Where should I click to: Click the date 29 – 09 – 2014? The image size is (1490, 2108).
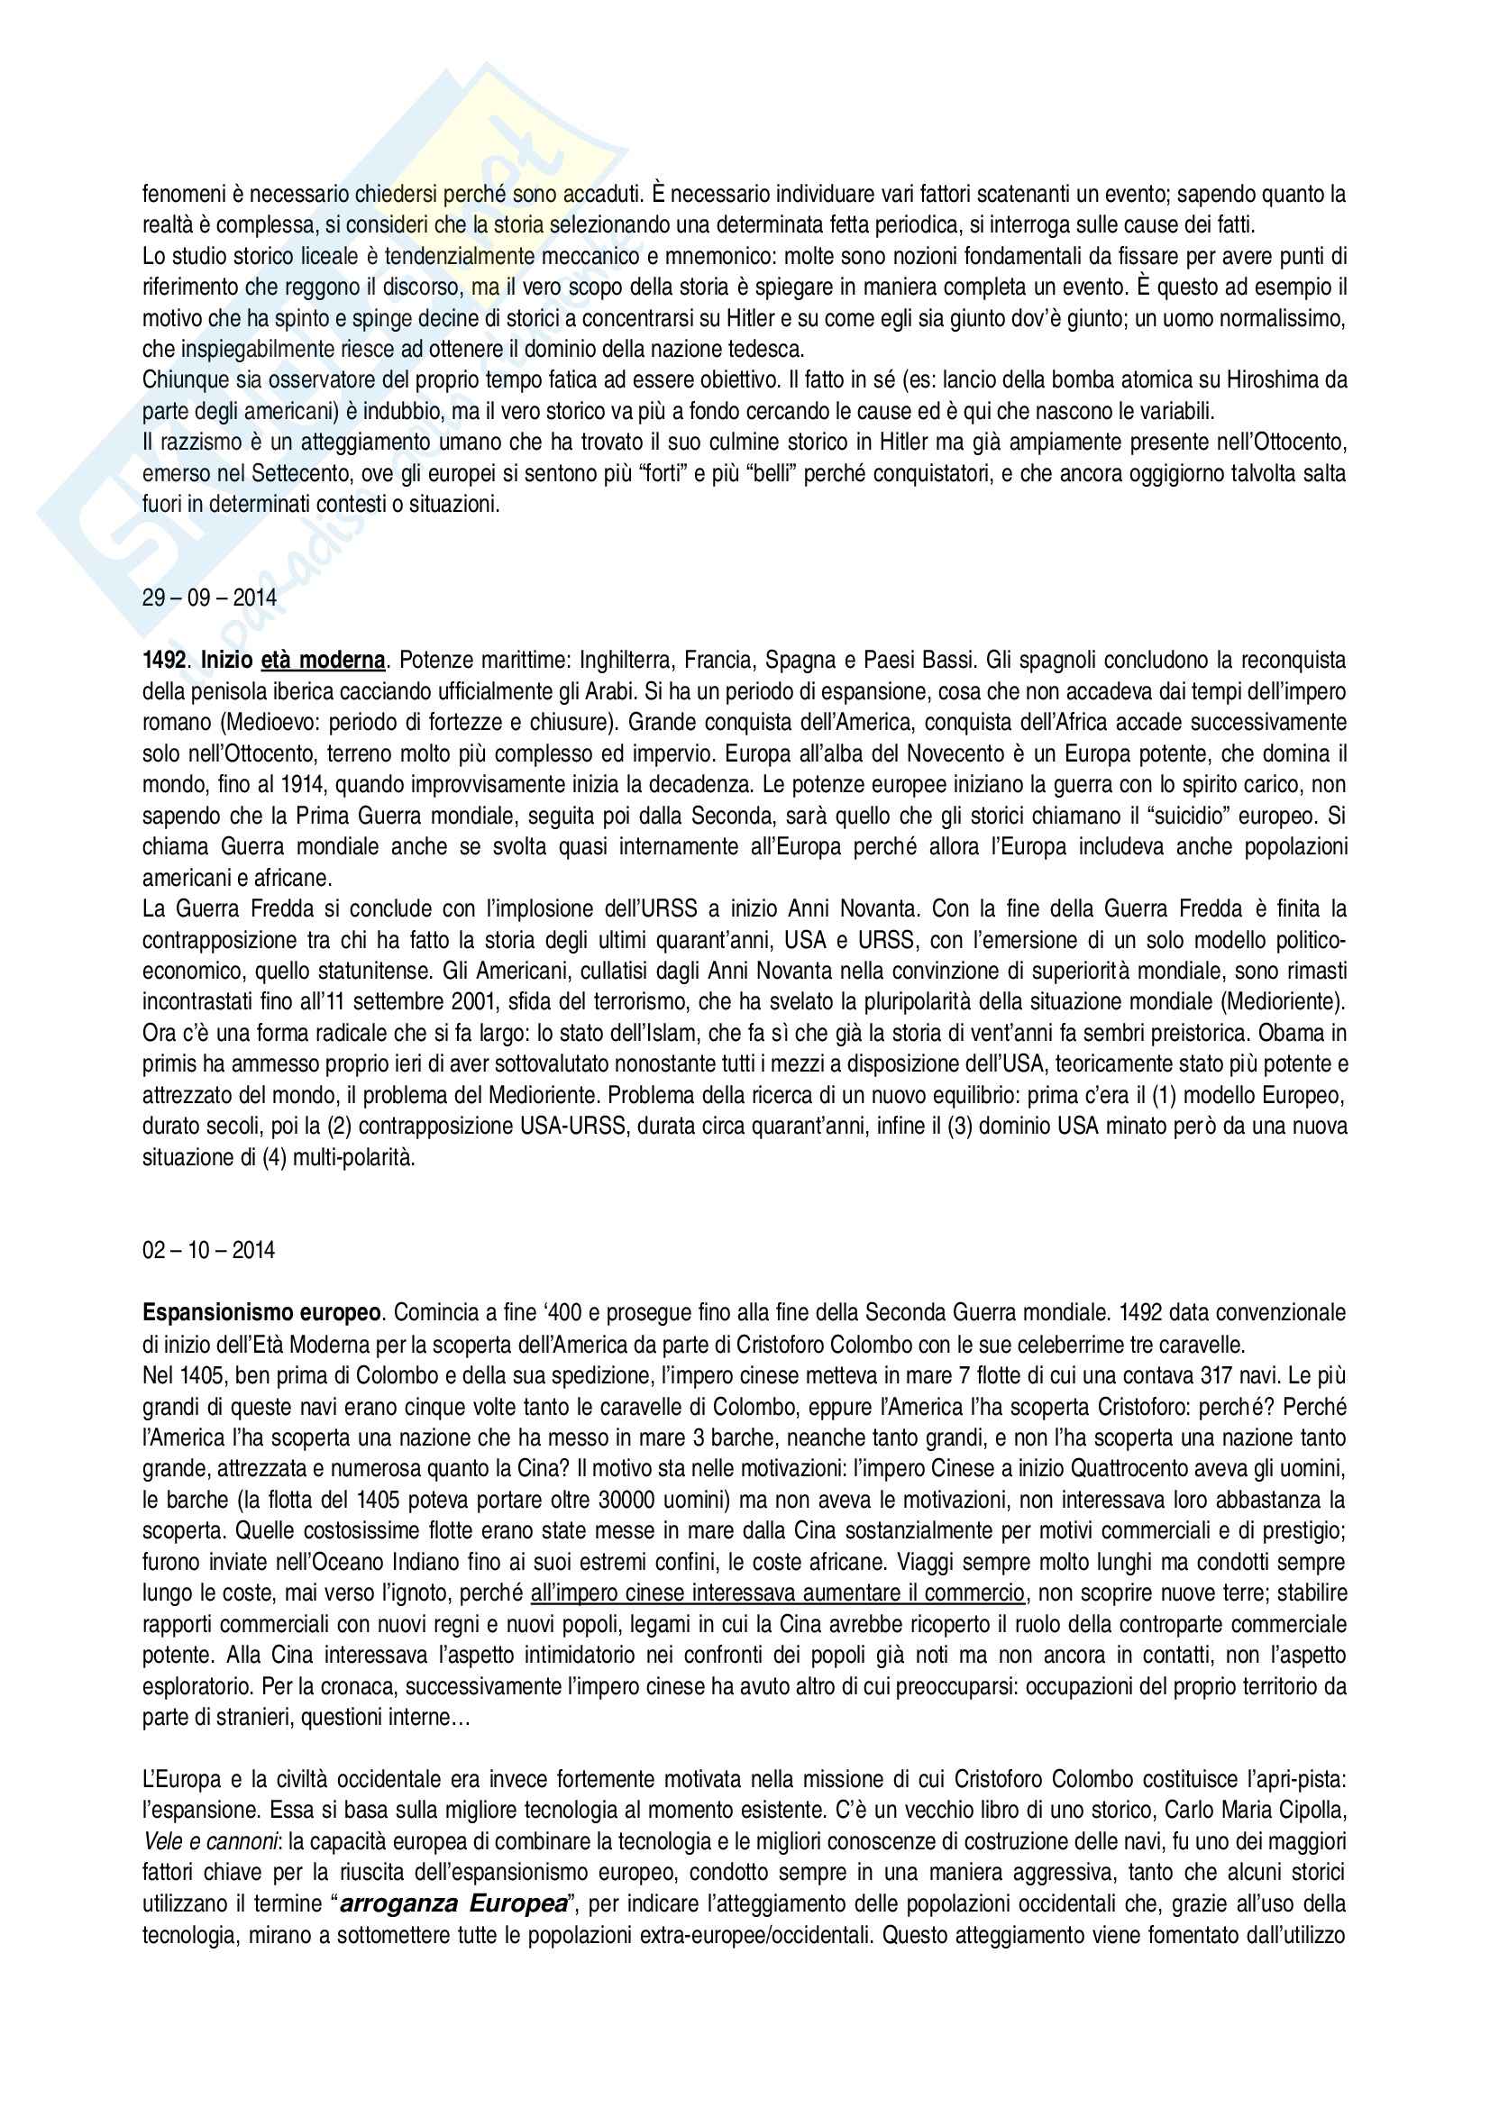[x=209, y=598]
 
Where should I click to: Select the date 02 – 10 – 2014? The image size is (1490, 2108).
[x=208, y=1251]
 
